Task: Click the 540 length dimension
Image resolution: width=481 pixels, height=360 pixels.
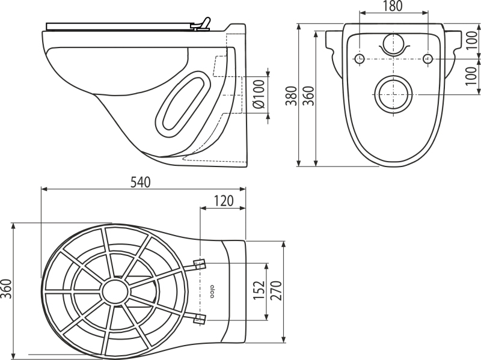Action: pos(141,183)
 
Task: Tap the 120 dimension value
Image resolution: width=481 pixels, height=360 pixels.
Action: pos(223,201)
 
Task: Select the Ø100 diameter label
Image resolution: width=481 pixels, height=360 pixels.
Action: pos(259,94)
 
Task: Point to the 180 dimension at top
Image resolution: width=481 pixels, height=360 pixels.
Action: pos(393,6)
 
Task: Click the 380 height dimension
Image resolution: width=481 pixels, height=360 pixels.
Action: pos(292,96)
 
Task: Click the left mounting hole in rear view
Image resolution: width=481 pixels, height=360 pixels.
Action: pos(360,58)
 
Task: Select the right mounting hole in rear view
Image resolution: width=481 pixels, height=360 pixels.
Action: pos(427,58)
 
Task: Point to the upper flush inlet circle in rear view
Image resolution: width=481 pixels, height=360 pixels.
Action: pos(393,43)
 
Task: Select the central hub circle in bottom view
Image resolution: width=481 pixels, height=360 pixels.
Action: pos(115,291)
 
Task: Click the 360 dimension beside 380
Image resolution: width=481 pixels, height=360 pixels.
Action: pos(308,96)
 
